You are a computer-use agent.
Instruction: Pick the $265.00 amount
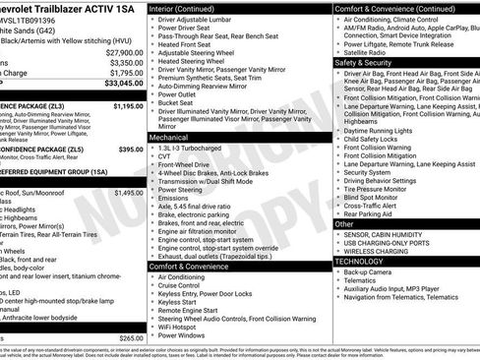[130, 338]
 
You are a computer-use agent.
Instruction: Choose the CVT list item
[166, 157]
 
